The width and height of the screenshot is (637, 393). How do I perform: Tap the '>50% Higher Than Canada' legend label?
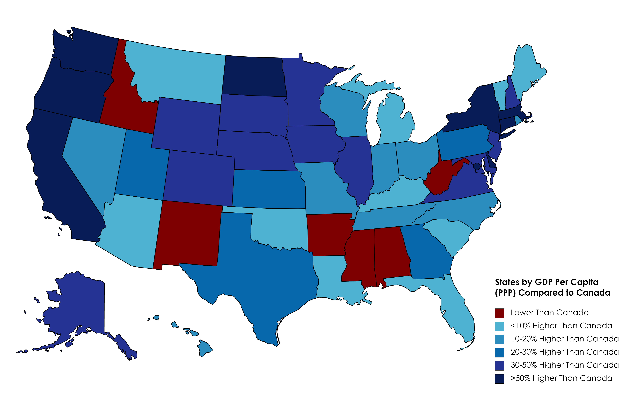pyautogui.click(x=561, y=378)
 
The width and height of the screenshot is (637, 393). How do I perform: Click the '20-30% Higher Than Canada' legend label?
pyautogui.click(x=564, y=352)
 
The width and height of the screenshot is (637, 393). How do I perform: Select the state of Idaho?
pyautogui.click(x=125, y=104)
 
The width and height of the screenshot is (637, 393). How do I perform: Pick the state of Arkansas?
pyautogui.click(x=328, y=234)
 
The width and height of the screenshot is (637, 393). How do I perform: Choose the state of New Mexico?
pyautogui.click(x=187, y=234)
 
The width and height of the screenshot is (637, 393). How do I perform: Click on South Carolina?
pyautogui.click(x=450, y=234)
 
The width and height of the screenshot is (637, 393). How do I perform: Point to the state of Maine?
pyautogui.click(x=528, y=70)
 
